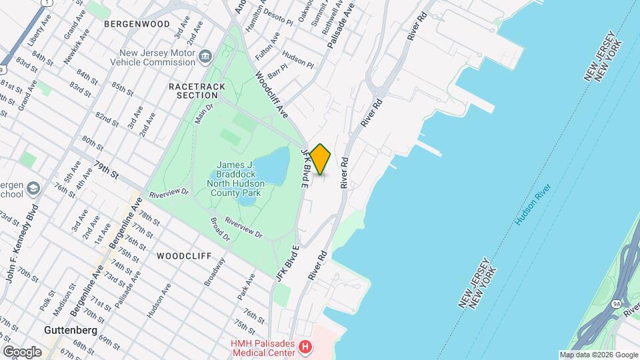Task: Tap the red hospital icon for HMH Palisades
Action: (305, 347)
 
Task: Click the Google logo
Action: (22, 352)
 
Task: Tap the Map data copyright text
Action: (598, 355)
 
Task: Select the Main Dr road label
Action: (204, 113)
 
